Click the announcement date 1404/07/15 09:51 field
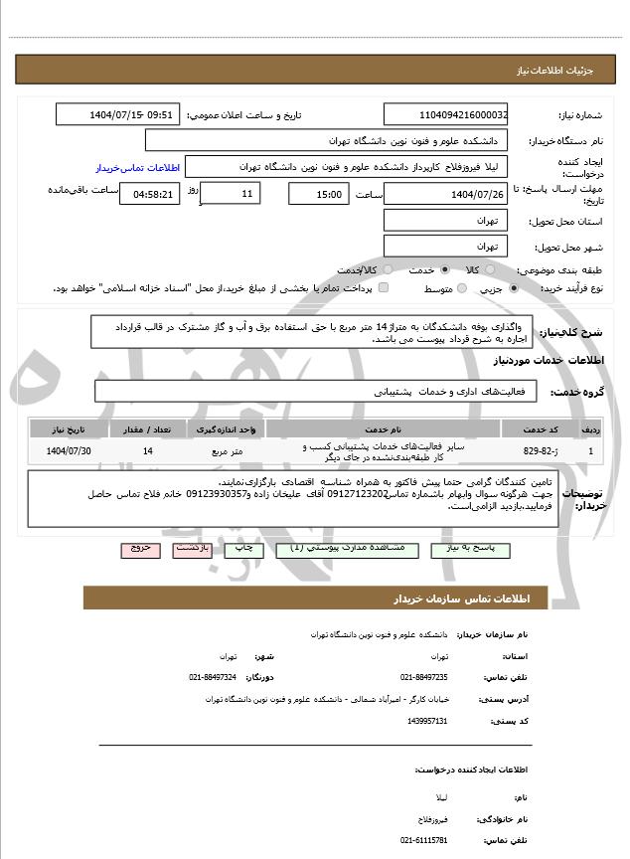pyautogui.click(x=118, y=114)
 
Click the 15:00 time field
pyautogui.click(x=318, y=194)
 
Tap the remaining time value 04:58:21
pyautogui.click(x=150, y=194)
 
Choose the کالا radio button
pyautogui.click(x=501, y=269)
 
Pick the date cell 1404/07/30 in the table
pyautogui.click(x=69, y=451)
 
